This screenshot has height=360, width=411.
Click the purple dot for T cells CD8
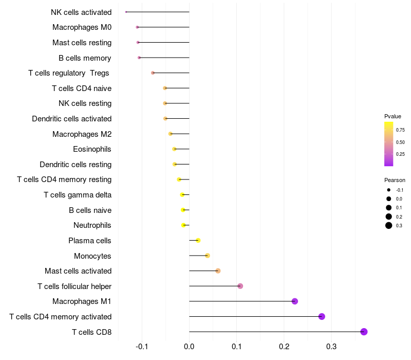364,332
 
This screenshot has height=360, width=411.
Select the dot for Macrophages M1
295,301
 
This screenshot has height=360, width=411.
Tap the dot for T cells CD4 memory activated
322,316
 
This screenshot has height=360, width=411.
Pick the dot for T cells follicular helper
240,286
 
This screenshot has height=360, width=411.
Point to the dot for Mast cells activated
218,271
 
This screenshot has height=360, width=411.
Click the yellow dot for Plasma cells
198,240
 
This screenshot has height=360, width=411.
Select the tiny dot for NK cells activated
126,12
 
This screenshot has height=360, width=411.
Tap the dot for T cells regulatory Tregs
153,73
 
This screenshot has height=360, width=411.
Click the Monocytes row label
92,256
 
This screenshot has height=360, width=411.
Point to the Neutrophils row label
92,225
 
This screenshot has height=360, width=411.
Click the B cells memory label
85,58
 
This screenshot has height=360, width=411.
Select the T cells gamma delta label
78,195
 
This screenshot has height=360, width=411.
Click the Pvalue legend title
393,116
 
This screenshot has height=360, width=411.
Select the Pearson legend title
395,180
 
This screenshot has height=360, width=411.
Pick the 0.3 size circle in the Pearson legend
389,225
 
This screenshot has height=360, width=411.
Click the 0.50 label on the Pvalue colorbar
400,142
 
